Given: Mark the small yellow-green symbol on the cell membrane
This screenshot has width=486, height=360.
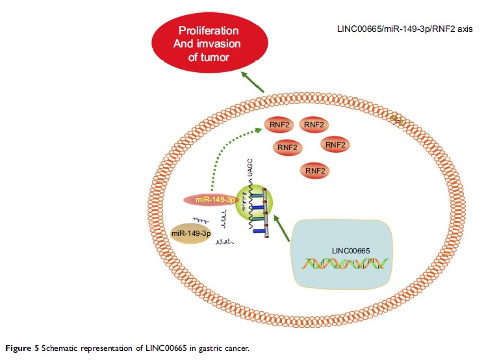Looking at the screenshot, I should pyautogui.click(x=398, y=120).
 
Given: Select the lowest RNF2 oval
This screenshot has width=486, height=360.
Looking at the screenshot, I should pyautogui.click(x=313, y=170).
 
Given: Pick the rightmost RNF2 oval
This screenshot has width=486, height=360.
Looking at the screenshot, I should pyautogui.click(x=335, y=144).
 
